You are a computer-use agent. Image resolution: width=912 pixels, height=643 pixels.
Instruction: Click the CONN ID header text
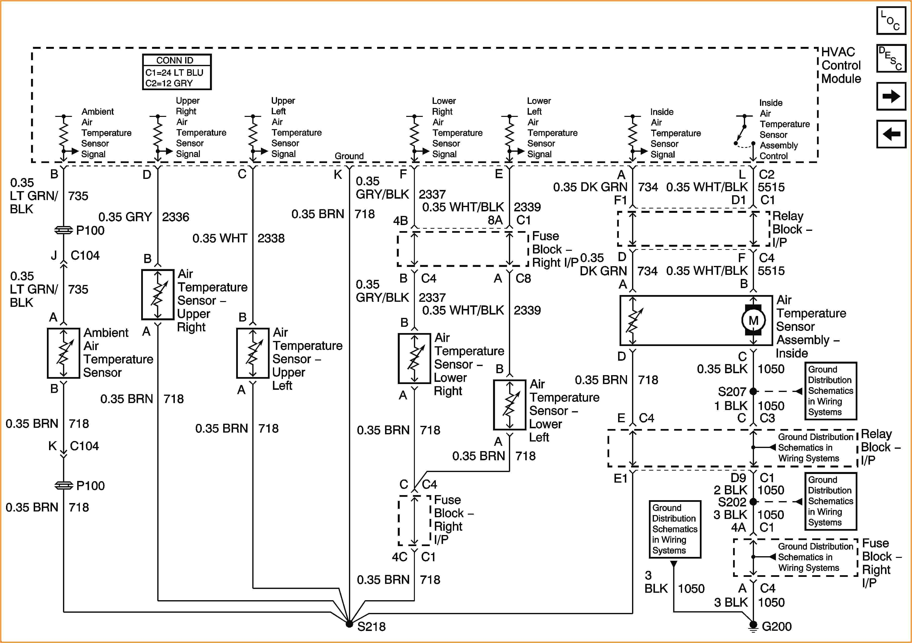(x=175, y=60)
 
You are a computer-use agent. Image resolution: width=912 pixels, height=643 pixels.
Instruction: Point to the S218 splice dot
(x=349, y=624)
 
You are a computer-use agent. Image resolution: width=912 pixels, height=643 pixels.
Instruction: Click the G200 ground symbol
(x=753, y=626)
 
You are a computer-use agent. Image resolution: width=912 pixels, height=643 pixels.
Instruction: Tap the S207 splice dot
(x=753, y=391)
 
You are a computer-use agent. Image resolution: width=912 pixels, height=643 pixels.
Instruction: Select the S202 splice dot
(x=753, y=502)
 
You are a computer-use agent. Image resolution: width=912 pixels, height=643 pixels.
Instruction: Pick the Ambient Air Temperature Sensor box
(x=63, y=353)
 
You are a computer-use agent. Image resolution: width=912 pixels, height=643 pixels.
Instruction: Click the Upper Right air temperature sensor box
(x=158, y=294)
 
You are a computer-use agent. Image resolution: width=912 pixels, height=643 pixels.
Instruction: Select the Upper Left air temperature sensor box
(x=253, y=353)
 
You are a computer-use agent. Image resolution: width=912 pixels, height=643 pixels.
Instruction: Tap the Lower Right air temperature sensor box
(x=414, y=358)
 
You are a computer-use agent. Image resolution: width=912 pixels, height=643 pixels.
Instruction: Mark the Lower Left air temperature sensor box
(x=509, y=405)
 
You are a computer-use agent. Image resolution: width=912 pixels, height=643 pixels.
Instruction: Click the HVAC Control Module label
(x=841, y=65)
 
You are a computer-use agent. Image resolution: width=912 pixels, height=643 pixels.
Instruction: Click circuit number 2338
(x=271, y=238)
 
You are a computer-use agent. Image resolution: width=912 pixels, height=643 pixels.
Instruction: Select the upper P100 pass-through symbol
(x=63, y=230)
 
